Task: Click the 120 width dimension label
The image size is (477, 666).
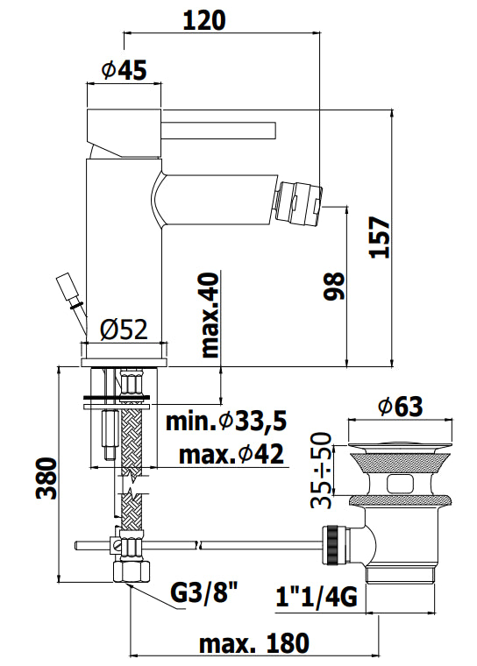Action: [x=204, y=20]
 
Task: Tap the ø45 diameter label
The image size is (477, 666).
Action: [x=125, y=69]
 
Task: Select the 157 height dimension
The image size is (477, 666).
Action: [x=380, y=237]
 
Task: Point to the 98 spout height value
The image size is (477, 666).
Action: [x=334, y=287]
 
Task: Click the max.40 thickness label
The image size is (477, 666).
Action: [x=210, y=315]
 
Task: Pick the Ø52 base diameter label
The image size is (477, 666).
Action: [x=125, y=329]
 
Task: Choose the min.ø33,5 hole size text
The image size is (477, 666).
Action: [x=226, y=422]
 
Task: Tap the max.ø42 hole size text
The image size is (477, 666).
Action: [x=231, y=455]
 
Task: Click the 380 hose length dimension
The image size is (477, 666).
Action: [x=46, y=478]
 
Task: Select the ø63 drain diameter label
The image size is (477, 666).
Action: [x=400, y=407]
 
